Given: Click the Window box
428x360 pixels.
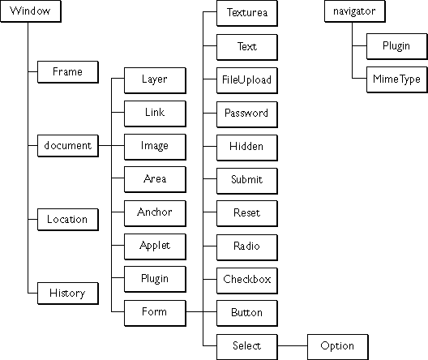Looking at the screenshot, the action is [x=31, y=11].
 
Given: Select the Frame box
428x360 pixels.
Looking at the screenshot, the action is [x=68, y=72].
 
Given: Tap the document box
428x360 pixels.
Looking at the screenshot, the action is [x=68, y=146].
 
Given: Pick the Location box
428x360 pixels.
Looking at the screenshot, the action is [x=68, y=220].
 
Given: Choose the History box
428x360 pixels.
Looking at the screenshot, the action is [x=68, y=294].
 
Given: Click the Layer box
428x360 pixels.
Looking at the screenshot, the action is [x=155, y=80].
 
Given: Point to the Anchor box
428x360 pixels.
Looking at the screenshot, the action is [x=155, y=213].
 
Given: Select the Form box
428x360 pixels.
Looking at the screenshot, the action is [x=155, y=313].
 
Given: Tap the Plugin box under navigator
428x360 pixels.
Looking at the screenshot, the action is [x=397, y=46].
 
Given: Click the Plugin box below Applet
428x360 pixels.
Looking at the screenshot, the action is [x=155, y=280].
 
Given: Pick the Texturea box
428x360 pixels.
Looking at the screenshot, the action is [x=247, y=13].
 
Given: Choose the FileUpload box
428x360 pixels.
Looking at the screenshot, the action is [x=247, y=80].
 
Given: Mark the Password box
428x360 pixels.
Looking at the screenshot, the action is [x=247, y=114].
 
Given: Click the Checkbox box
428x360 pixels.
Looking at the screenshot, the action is [x=247, y=281].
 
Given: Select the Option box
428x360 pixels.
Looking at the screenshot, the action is [x=338, y=347].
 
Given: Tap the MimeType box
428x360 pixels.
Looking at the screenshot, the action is [x=397, y=79].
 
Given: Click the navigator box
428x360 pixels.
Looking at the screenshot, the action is [x=355, y=11].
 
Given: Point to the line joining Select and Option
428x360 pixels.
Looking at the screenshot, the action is [x=293, y=345].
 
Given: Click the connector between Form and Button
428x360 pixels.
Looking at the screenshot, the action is [x=201, y=311].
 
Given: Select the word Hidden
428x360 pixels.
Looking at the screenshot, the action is [x=246, y=146].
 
